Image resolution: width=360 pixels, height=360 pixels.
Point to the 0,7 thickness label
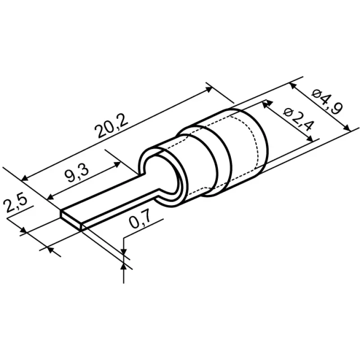click(139, 219)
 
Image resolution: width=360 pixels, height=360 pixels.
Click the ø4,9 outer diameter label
click(327, 102)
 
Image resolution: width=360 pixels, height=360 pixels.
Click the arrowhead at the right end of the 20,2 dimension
click(209, 89)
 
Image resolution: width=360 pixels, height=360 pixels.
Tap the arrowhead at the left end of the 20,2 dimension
click(25, 178)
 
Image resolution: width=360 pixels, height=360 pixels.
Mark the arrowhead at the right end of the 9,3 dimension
click(117, 164)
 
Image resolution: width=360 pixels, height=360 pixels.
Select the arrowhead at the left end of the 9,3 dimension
click(50, 197)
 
